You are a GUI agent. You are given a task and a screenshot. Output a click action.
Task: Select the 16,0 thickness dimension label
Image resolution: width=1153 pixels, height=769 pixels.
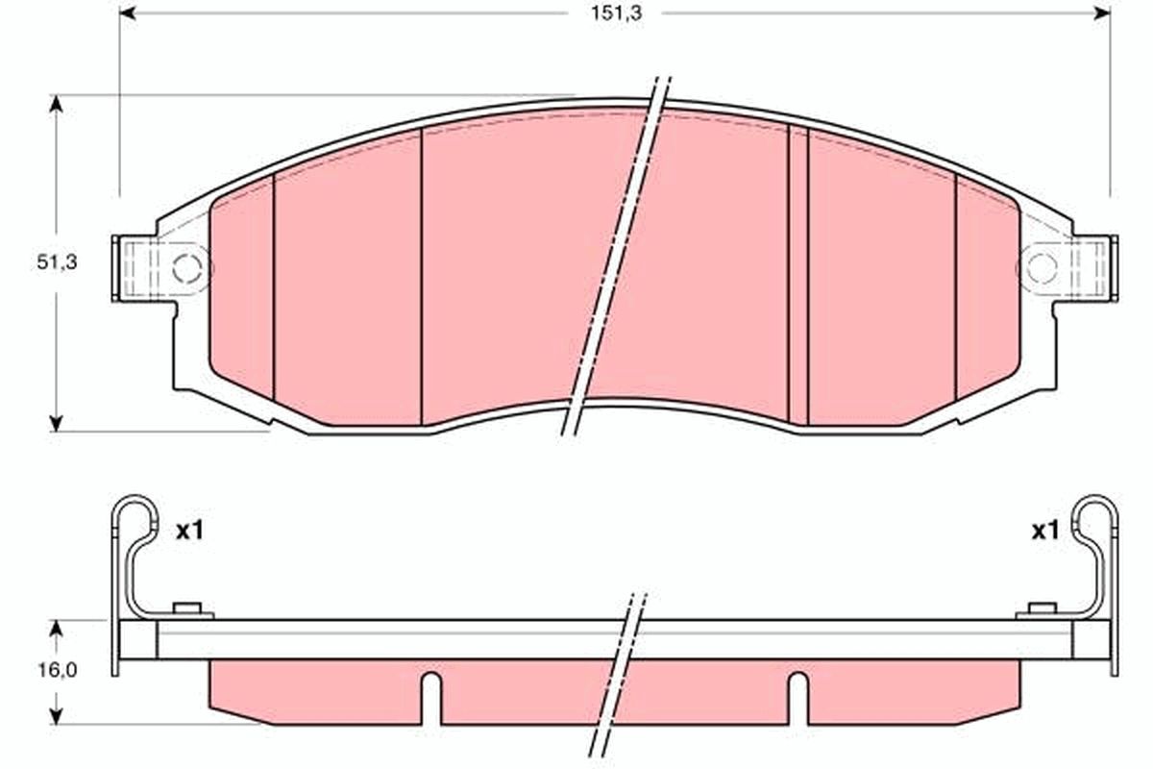point(57,671)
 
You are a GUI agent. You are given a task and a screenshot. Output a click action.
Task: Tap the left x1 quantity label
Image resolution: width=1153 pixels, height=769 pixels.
point(189,530)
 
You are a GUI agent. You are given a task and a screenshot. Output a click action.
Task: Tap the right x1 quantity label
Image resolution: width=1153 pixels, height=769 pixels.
point(1044,530)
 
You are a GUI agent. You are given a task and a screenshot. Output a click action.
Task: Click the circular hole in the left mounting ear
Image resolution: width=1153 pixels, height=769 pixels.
point(188,266)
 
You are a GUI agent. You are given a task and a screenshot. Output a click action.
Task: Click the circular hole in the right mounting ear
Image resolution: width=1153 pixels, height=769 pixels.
point(1041,266)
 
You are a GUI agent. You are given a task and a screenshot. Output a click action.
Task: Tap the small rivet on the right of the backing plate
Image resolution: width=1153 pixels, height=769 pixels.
point(1042,608)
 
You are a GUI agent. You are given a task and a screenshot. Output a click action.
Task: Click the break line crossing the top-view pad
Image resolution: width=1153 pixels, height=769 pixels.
point(615,260)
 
